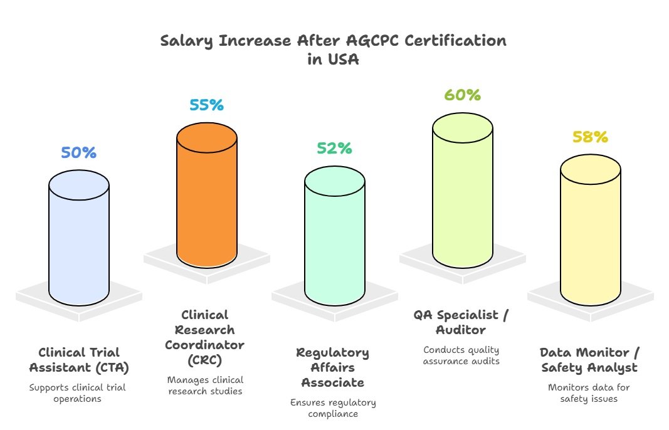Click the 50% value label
(78, 152)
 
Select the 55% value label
(206, 105)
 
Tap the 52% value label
(335, 148)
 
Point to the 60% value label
(463, 95)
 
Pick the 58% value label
(591, 137)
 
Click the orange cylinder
(207, 196)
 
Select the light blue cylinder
(79, 238)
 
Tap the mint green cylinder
(335, 236)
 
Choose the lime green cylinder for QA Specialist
(463, 191)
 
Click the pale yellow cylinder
(591, 230)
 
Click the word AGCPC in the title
(372, 41)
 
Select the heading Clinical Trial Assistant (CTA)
(79, 360)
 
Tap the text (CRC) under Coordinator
(205, 360)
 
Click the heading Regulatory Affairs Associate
(333, 367)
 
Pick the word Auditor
(461, 330)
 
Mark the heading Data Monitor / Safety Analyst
(589, 360)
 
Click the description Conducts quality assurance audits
(461, 355)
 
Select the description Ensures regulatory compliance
(333, 408)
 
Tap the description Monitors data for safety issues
(589, 393)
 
